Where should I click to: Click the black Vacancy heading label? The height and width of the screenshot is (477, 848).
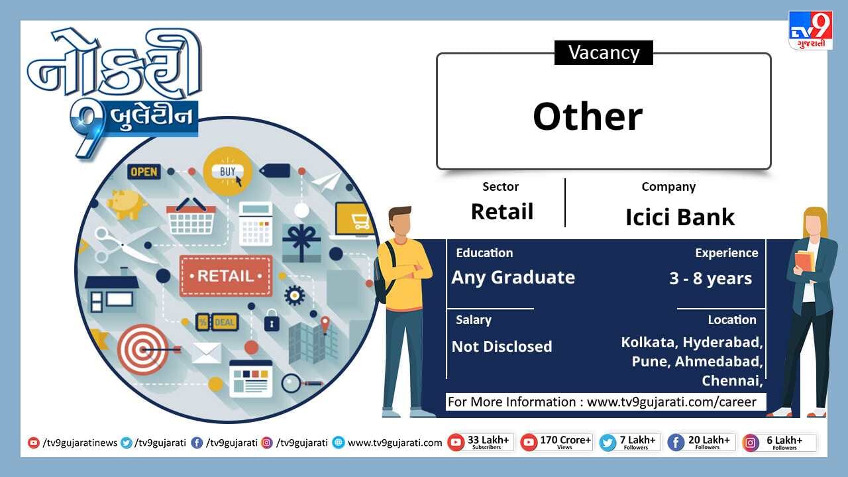pyautogui.click(x=604, y=52)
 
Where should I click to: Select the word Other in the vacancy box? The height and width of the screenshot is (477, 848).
pyautogui.click(x=588, y=117)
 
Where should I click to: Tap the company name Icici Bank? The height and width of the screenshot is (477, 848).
pyautogui.click(x=680, y=217)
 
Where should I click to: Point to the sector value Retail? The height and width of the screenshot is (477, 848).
pyautogui.click(x=502, y=211)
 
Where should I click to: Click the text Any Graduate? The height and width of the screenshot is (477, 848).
pyautogui.click(x=513, y=278)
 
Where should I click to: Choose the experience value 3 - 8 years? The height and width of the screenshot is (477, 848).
pyautogui.click(x=710, y=279)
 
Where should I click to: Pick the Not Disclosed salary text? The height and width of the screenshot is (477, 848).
pyautogui.click(x=502, y=346)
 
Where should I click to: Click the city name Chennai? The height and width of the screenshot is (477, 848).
pyautogui.click(x=732, y=380)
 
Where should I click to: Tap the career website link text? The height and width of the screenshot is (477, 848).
pyautogui.click(x=672, y=401)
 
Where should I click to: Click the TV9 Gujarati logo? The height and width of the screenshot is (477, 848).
pyautogui.click(x=810, y=30)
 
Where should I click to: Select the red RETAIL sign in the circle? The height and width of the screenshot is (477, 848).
pyautogui.click(x=226, y=276)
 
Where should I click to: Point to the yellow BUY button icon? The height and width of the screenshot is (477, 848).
pyautogui.click(x=227, y=172)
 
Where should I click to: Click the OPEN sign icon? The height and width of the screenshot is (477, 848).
pyautogui.click(x=144, y=172)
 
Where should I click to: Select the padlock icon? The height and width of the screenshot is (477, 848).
pyautogui.click(x=272, y=320)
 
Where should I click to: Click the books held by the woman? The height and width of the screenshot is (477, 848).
pyautogui.click(x=804, y=261)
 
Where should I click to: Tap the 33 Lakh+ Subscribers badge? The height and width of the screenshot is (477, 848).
pyautogui.click(x=480, y=442)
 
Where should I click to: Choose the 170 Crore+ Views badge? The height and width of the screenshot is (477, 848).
pyautogui.click(x=556, y=442)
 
